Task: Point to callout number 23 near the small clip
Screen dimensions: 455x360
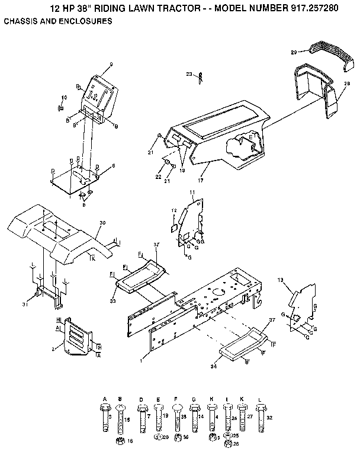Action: (x=189, y=74)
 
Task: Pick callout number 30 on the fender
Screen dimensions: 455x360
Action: (x=102, y=223)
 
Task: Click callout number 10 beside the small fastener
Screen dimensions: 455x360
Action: (x=65, y=97)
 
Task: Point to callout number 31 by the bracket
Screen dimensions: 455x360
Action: (x=25, y=305)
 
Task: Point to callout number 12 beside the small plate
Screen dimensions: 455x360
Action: (x=173, y=210)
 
